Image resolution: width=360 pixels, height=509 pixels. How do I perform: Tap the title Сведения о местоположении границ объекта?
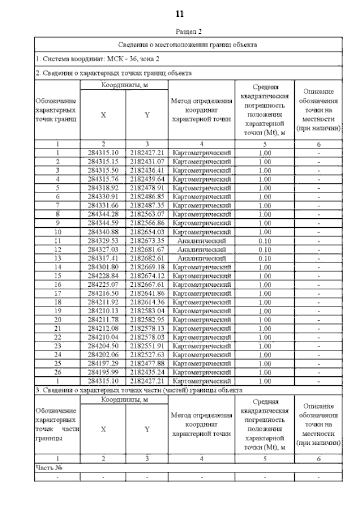pos(188,44)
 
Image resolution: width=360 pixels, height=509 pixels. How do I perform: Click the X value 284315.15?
pos(103,161)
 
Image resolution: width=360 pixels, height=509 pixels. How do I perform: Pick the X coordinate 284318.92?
pos(103,187)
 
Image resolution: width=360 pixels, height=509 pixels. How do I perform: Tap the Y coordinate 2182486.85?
pos(147,196)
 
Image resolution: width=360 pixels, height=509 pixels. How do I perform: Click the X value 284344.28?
pos(103,214)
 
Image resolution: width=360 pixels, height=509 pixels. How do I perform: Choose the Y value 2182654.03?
pos(147,231)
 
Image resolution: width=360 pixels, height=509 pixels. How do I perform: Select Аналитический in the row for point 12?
pos(201,249)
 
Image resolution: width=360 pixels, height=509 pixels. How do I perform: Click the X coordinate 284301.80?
pos(103,266)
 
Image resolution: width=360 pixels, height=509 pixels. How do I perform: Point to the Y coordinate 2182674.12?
pos(147,275)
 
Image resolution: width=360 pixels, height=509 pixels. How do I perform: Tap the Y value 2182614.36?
pos(147,301)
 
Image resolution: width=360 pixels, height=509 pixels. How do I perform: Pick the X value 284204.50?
pos(103,345)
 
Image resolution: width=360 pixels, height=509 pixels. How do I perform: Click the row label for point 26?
pos(57,372)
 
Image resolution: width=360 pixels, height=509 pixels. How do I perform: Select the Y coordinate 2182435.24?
pos(147,372)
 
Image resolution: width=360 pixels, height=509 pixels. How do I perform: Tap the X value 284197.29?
pos(103,363)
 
